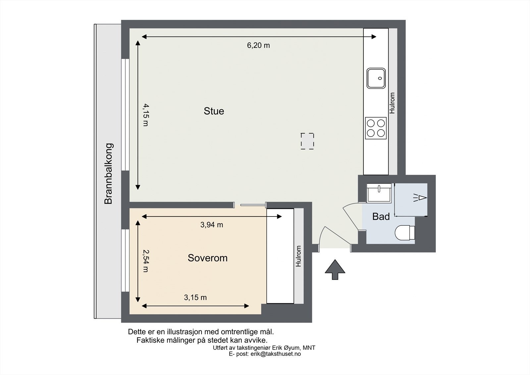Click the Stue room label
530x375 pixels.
coord(214,111)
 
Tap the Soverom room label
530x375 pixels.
coord(207,258)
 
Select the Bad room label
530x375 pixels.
coord(381,217)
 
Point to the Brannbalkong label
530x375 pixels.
coord(109,173)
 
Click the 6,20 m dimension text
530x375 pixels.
coord(258,45)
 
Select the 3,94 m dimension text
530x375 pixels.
coord(212,225)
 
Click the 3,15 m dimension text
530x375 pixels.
coord(195,297)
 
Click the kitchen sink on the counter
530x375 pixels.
coord(376,78)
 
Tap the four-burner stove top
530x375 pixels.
coord(376,128)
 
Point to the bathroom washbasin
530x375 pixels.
coord(379,193)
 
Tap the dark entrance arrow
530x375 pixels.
coord(335,270)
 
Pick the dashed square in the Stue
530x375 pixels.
coord(307,141)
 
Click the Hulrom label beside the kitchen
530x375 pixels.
coord(393,103)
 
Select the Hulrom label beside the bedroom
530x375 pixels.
coord(299,256)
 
